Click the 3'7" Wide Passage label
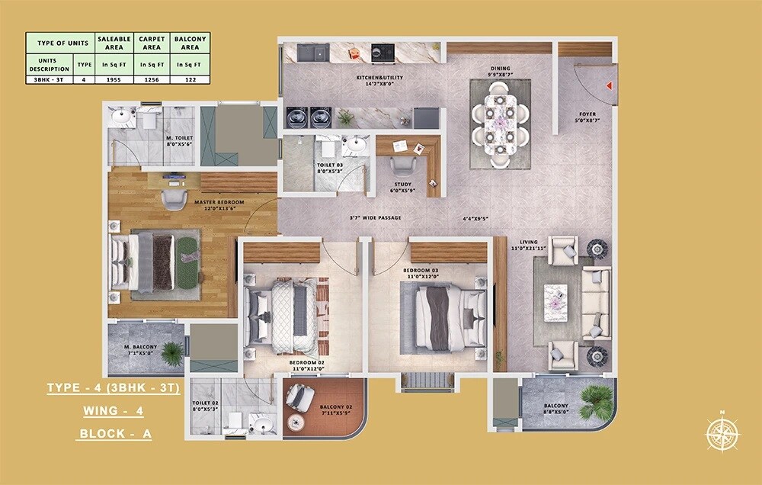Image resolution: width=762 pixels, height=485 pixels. pyautogui.click(x=375, y=219)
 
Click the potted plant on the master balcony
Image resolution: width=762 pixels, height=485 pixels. pyautogui.click(x=172, y=352)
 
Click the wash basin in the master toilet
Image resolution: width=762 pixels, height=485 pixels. pyautogui.click(x=122, y=117)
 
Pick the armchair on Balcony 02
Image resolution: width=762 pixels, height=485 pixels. pyautogui.click(x=299, y=397)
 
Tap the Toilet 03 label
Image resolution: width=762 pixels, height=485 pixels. pyautogui.click(x=330, y=168)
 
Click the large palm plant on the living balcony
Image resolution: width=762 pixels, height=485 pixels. pyautogui.click(x=596, y=400)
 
